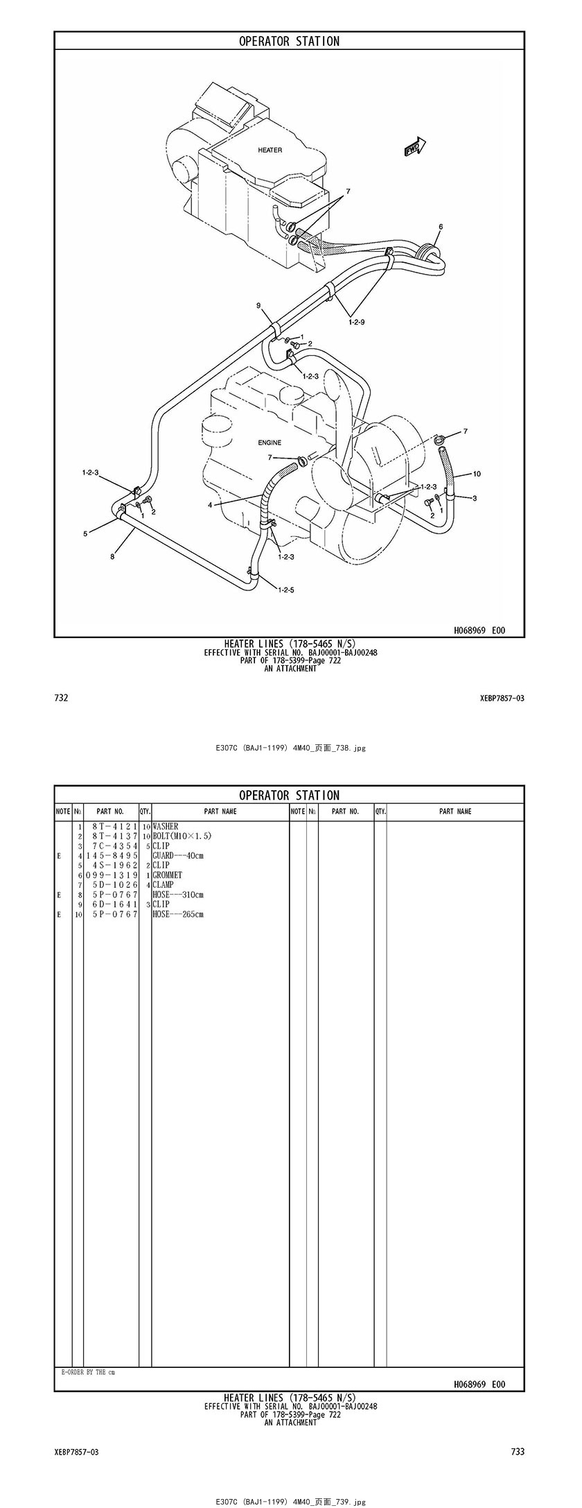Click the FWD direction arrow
click(x=416, y=146)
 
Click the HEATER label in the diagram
click(x=270, y=150)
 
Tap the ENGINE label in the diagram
click(x=270, y=443)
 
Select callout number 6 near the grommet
click(x=440, y=227)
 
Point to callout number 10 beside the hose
click(x=477, y=474)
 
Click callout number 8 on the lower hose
click(x=112, y=555)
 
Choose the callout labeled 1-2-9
click(x=356, y=322)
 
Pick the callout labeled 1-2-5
click(x=286, y=590)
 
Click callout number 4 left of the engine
click(x=210, y=505)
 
